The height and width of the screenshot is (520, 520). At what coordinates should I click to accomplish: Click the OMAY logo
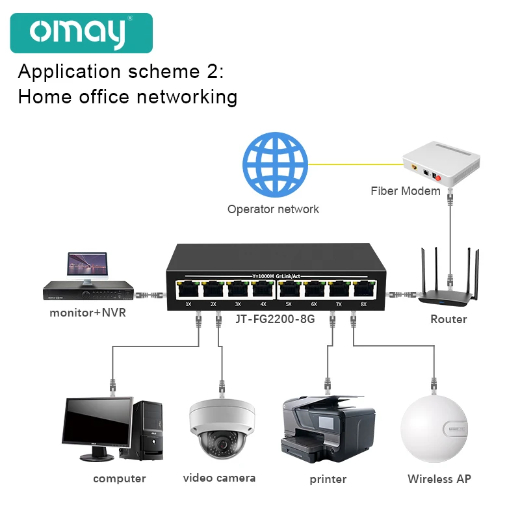click(81, 32)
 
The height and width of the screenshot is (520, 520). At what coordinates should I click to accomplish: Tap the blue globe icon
click(275, 166)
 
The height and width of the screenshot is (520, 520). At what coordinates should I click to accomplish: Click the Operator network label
click(273, 209)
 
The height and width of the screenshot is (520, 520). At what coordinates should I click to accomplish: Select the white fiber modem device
click(441, 166)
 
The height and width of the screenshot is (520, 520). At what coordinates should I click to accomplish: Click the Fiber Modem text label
click(406, 191)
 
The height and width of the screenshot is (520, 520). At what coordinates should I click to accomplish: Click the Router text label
click(448, 319)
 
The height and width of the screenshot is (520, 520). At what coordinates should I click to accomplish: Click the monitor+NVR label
click(88, 313)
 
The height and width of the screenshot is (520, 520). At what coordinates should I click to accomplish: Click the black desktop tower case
click(148, 429)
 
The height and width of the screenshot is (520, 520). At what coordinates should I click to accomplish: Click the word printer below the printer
click(328, 480)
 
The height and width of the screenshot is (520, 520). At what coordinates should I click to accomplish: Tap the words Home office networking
click(127, 97)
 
